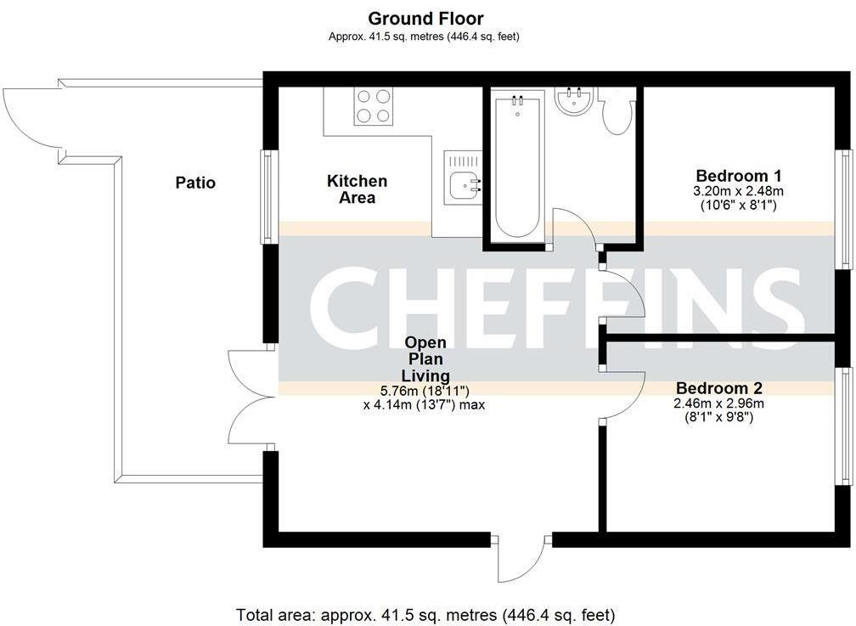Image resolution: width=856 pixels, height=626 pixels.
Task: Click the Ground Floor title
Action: (x=425, y=18)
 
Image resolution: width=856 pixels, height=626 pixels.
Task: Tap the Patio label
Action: (x=195, y=183)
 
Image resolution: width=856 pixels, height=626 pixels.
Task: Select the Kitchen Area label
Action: (x=358, y=189)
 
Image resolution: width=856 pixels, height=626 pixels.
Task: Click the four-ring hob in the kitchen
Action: (x=374, y=106)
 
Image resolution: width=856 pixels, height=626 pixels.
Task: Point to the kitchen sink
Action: (x=464, y=182)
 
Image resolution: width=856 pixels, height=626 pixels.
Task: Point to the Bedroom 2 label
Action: (x=718, y=388)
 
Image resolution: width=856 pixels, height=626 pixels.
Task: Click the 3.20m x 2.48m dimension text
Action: (x=738, y=192)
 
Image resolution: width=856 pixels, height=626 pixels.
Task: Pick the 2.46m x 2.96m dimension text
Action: (x=718, y=403)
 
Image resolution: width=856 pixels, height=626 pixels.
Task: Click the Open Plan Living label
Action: (x=425, y=358)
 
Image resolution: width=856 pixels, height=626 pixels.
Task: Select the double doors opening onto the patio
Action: (x=248, y=397)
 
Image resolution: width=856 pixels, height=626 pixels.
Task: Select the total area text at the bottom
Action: (x=425, y=614)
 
